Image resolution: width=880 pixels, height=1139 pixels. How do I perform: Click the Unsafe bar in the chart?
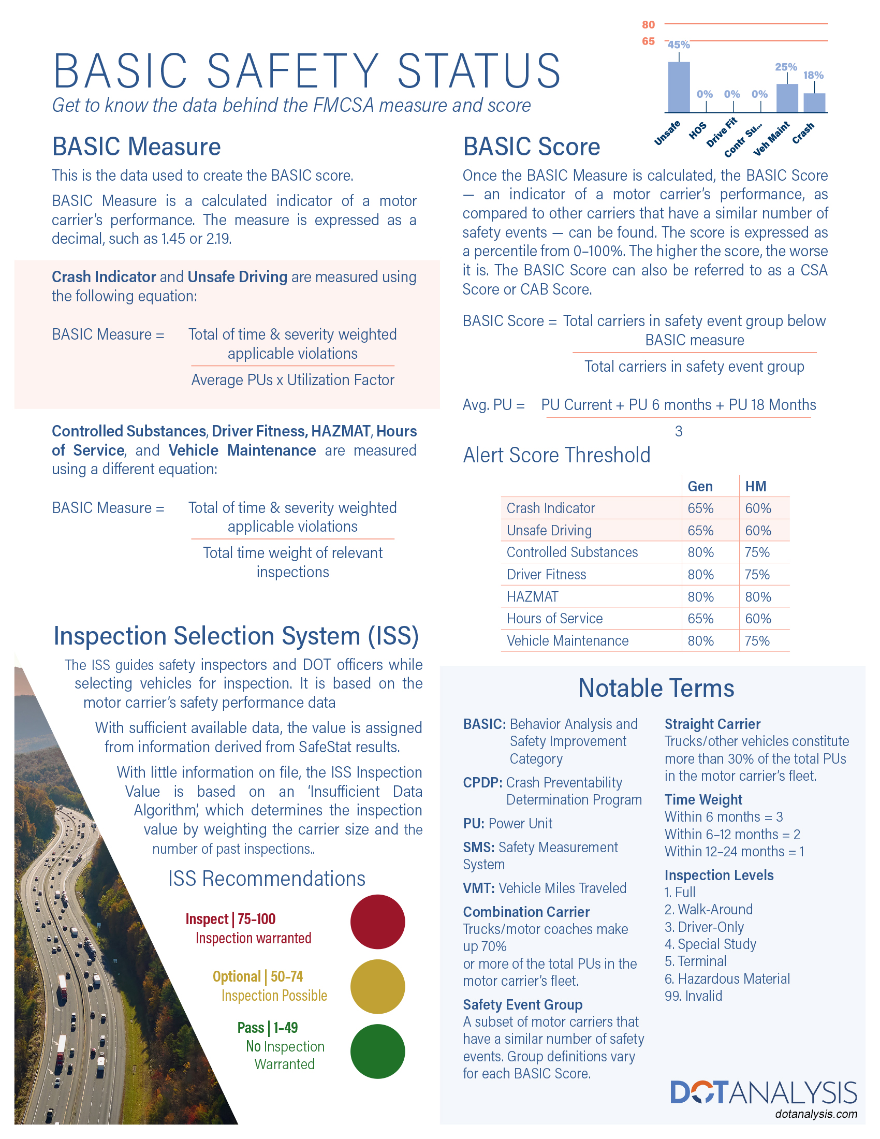click(679, 87)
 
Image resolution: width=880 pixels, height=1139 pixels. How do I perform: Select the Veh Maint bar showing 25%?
click(787, 98)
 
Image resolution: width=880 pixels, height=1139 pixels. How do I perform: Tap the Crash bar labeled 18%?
click(814, 103)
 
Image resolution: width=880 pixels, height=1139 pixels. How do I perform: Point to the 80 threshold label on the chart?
click(648, 25)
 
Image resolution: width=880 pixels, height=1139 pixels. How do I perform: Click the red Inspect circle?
click(377, 922)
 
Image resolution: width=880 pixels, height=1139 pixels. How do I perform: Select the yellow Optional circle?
click(377, 986)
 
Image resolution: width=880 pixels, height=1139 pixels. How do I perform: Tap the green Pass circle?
click(377, 1051)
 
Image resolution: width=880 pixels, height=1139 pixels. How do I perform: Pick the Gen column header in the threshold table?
click(700, 487)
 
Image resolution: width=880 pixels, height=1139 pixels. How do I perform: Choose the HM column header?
click(755, 487)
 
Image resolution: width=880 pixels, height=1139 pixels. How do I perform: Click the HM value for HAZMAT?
click(757, 596)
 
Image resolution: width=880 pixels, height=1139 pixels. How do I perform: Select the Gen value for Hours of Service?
click(700, 619)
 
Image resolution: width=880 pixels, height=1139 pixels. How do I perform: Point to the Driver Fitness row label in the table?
click(546, 575)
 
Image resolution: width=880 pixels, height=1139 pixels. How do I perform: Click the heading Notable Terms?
click(656, 689)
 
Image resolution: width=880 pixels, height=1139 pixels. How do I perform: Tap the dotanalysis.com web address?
click(816, 1114)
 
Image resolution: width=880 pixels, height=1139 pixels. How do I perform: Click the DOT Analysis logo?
click(763, 1092)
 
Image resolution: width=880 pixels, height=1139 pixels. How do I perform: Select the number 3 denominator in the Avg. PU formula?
click(678, 431)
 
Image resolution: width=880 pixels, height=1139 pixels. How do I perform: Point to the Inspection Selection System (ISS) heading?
click(236, 636)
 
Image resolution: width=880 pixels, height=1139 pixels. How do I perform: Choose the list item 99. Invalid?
click(693, 996)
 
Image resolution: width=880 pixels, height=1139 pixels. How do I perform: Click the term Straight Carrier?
click(712, 724)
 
